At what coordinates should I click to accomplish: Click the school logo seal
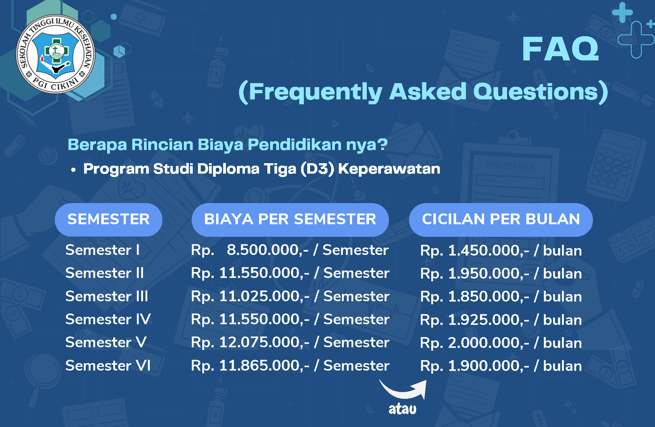point(56,54)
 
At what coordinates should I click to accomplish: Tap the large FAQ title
point(560,49)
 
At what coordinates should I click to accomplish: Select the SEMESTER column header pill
point(109,220)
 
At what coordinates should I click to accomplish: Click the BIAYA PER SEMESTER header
point(290,220)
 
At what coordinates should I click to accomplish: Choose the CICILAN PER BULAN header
point(501,220)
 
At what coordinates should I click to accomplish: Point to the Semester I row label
point(103,250)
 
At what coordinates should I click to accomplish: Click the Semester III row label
point(107,296)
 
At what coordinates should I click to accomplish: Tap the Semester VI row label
point(108,366)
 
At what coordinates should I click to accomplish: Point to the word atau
point(402,409)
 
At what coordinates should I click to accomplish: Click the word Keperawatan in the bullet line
point(389,169)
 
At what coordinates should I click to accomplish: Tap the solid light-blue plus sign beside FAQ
point(622,13)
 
